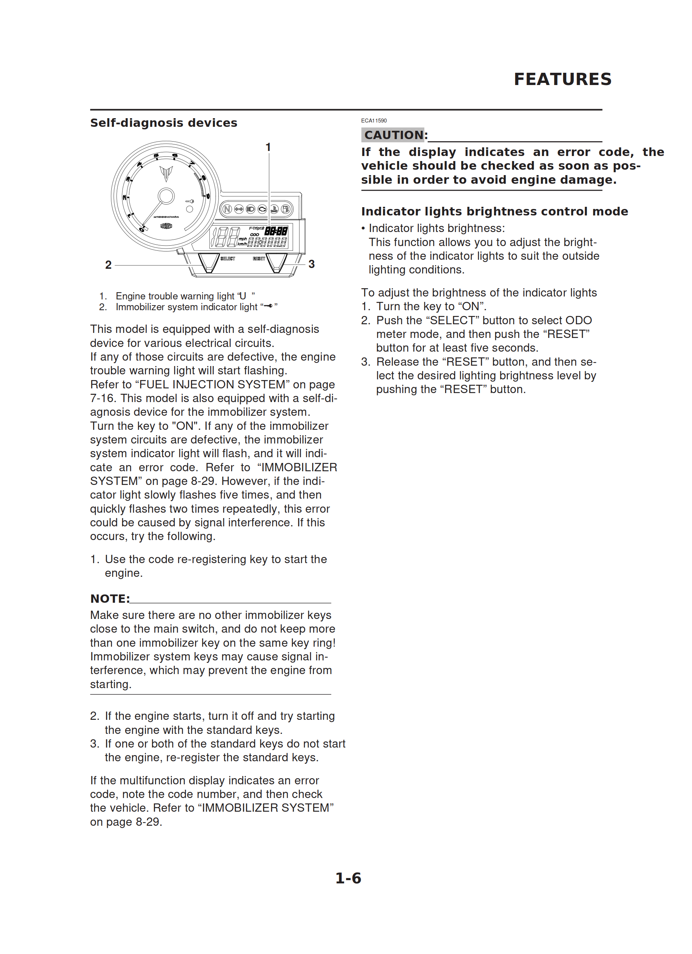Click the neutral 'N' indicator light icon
click(x=227, y=209)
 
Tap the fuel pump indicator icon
click(x=285, y=209)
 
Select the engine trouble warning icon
click(x=262, y=209)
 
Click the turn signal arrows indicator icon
click(x=239, y=209)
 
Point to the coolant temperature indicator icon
click(x=274, y=209)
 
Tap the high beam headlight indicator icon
click(x=250, y=209)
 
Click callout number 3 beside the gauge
click(x=311, y=264)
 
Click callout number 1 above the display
click(x=268, y=147)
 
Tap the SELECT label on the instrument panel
click(x=228, y=258)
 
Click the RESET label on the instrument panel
click(x=259, y=258)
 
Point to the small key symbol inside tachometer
click(x=190, y=201)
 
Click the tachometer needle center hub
click(x=166, y=196)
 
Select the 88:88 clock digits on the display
click(x=276, y=231)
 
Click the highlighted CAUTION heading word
click(x=394, y=135)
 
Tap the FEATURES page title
click(x=562, y=79)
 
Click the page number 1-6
click(x=348, y=878)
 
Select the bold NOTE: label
click(x=110, y=598)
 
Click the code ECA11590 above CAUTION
click(x=374, y=121)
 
